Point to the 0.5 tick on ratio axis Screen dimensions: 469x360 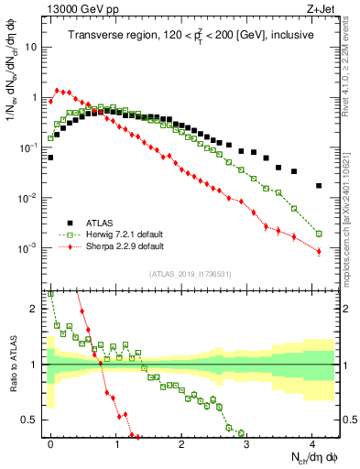tap(33, 420)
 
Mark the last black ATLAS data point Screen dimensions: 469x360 tap(319, 185)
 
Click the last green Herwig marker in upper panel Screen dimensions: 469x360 tap(319, 234)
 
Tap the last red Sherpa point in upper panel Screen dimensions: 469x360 tap(319, 251)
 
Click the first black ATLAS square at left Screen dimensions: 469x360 tap(51, 158)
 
